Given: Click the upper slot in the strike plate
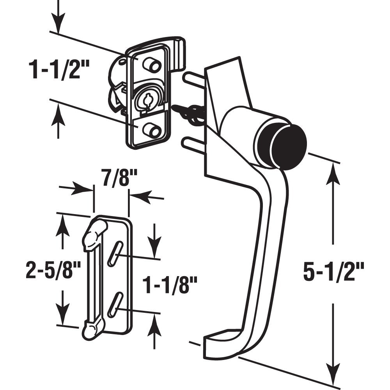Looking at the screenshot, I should pos(115,253).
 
